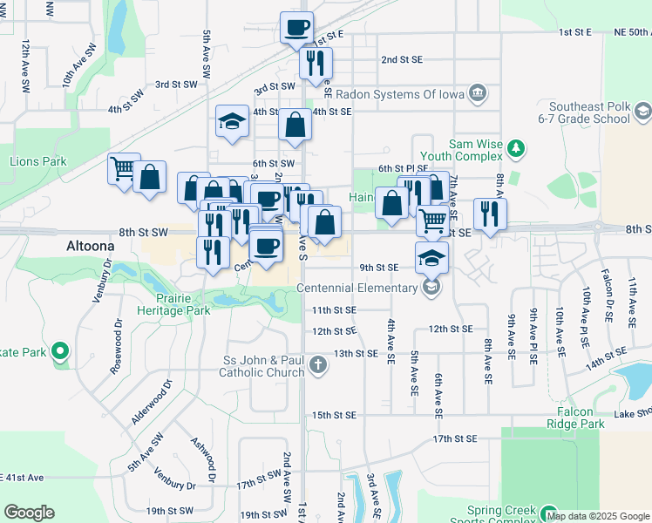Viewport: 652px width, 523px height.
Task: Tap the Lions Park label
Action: coord(37,161)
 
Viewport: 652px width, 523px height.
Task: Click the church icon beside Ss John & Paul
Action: coord(318,364)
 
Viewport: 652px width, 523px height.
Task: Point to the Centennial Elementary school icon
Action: coord(431,287)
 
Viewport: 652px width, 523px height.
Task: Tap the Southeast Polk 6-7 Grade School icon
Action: coord(642,111)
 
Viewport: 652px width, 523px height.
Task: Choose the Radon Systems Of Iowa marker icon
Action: coord(477,92)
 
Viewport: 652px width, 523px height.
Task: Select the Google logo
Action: coord(29,513)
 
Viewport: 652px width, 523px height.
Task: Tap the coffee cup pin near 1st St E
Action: coord(296,27)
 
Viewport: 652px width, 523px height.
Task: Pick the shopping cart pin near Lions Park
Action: coord(123,167)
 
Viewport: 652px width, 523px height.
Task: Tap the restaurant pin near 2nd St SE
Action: coord(315,63)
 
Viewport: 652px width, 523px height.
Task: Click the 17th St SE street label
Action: coord(454,438)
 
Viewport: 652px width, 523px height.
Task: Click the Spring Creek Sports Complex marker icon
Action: coord(548,513)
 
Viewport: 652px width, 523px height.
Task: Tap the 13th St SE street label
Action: coord(356,353)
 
